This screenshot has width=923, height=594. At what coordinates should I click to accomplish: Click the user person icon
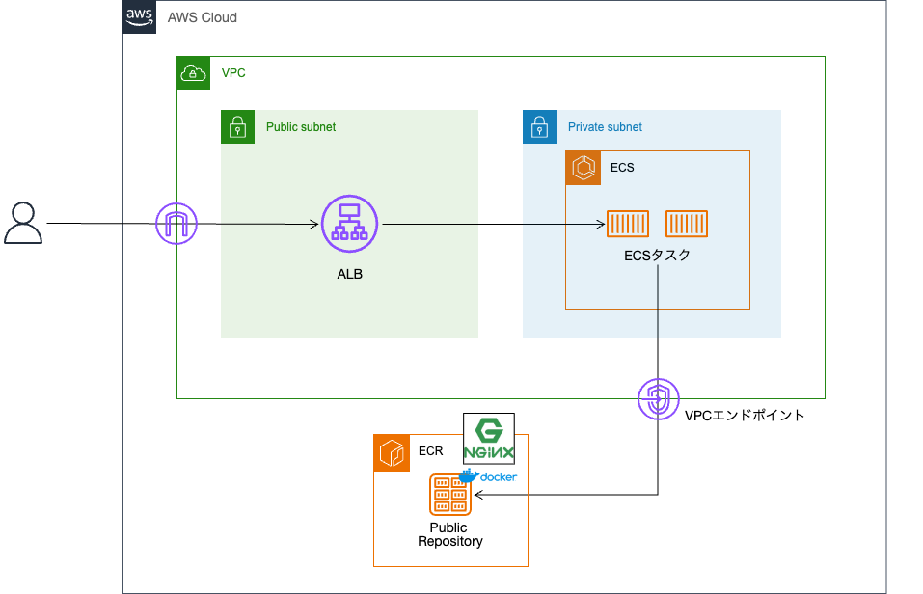click(23, 223)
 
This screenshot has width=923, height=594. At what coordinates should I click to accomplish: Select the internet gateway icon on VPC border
click(176, 225)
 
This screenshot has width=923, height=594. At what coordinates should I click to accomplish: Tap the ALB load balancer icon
click(348, 223)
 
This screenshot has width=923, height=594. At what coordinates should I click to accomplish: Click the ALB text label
click(349, 275)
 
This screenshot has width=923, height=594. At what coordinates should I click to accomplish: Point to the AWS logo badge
click(139, 17)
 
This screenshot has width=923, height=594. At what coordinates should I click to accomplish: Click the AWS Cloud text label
click(203, 18)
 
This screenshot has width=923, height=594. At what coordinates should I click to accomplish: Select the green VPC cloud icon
click(194, 73)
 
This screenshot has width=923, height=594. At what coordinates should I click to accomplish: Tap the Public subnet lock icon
click(237, 126)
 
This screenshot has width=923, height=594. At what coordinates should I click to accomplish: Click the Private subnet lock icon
click(539, 126)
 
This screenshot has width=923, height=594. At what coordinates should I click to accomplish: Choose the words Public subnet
click(301, 127)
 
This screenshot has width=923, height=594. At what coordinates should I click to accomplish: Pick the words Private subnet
click(605, 127)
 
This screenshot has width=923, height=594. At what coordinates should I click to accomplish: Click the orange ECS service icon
click(583, 168)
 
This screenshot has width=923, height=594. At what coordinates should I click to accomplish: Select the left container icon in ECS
click(627, 224)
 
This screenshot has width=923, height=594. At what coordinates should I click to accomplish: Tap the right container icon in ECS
click(687, 224)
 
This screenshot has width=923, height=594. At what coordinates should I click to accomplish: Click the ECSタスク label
click(658, 256)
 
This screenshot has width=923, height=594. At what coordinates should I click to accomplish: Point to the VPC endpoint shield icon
click(659, 398)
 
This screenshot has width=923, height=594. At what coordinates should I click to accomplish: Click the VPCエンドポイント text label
click(744, 417)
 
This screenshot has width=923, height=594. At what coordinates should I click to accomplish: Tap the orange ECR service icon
click(391, 452)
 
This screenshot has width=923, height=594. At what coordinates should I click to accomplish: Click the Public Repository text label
click(449, 534)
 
